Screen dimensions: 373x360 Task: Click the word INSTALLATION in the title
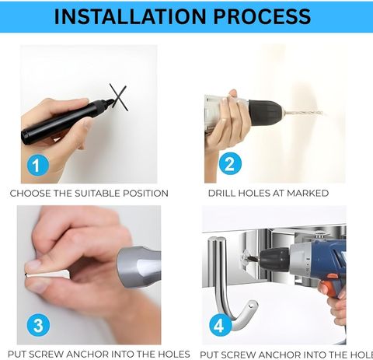pos(131,16)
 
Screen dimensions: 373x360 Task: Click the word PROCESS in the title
pos(262,16)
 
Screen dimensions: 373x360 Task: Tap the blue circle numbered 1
pos(38,165)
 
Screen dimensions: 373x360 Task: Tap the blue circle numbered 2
pos(230,164)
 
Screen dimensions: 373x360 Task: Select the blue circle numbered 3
pos(38,325)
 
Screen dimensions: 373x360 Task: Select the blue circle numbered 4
pos(220,325)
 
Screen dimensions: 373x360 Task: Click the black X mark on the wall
pos(118,97)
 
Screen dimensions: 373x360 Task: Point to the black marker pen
pos(68,121)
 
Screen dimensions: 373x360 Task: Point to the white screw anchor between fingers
pos(47,274)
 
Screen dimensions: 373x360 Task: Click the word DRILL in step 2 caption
pos(222,194)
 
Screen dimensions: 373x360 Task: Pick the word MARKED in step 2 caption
pos(308,194)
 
